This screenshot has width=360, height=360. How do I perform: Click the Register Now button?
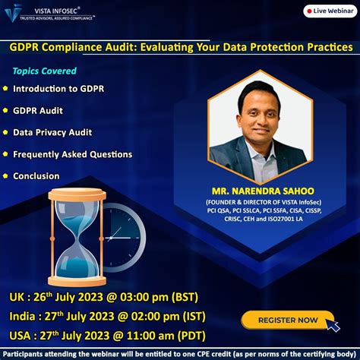(x=288, y=320)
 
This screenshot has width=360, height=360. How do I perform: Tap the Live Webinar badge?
(x=328, y=11)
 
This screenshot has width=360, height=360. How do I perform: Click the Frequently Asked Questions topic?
(x=73, y=154)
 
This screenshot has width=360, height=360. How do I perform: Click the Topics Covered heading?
(x=44, y=71)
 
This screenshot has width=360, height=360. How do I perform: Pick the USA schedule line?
(x=106, y=335)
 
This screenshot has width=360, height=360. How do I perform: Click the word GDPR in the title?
(x=27, y=47)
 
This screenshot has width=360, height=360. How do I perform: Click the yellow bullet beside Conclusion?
(x=5, y=176)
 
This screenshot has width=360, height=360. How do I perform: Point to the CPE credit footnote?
(x=180, y=353)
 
